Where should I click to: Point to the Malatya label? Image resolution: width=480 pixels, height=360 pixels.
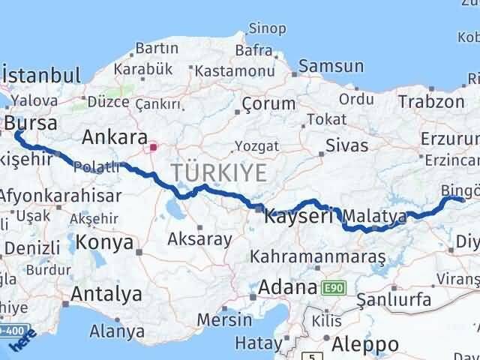click(376, 217)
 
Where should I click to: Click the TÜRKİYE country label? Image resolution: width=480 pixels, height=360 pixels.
click(218, 172)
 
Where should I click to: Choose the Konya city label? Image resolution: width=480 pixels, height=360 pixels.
click(106, 243)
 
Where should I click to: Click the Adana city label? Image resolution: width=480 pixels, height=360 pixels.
click(287, 286)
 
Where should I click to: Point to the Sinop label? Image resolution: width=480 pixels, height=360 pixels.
click(267, 29)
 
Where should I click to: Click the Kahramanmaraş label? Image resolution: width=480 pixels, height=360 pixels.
click(318, 257)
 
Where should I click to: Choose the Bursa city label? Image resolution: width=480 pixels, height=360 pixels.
click(32, 121)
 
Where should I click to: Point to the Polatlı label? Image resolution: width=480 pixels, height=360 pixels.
click(98, 167)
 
